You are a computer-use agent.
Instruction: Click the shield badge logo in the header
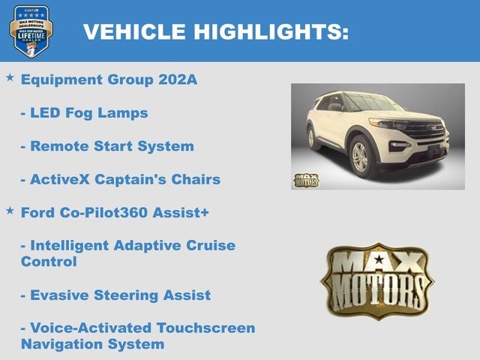[31, 31]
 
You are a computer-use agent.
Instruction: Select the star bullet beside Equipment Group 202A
[10, 77]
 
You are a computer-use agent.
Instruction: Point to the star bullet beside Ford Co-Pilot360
[10, 211]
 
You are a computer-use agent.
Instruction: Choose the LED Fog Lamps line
[84, 112]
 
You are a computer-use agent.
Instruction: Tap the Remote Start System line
[107, 145]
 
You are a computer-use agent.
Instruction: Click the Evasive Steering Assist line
[115, 295]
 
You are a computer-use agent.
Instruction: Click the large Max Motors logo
[376, 280]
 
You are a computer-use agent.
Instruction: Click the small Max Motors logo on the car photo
[306, 180]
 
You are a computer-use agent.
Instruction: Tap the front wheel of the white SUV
[360, 156]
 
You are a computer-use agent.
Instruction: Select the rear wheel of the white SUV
[310, 138]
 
